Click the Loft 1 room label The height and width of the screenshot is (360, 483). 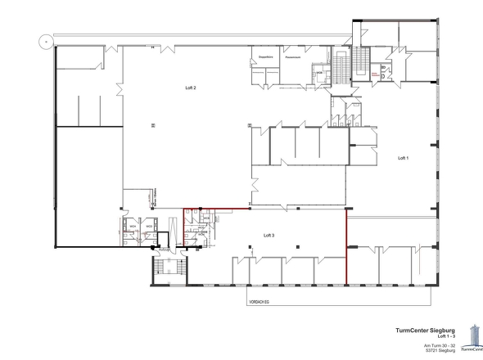pyautogui.click(x=402, y=157)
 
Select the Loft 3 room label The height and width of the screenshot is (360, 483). pyautogui.click(x=269, y=234)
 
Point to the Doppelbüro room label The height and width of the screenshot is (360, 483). pyautogui.click(x=265, y=57)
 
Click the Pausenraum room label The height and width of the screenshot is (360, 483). pyautogui.click(x=294, y=57)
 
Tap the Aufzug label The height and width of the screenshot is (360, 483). pyautogui.click(x=165, y=248)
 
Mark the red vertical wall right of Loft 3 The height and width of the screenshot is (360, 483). pyautogui.click(x=347, y=245)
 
